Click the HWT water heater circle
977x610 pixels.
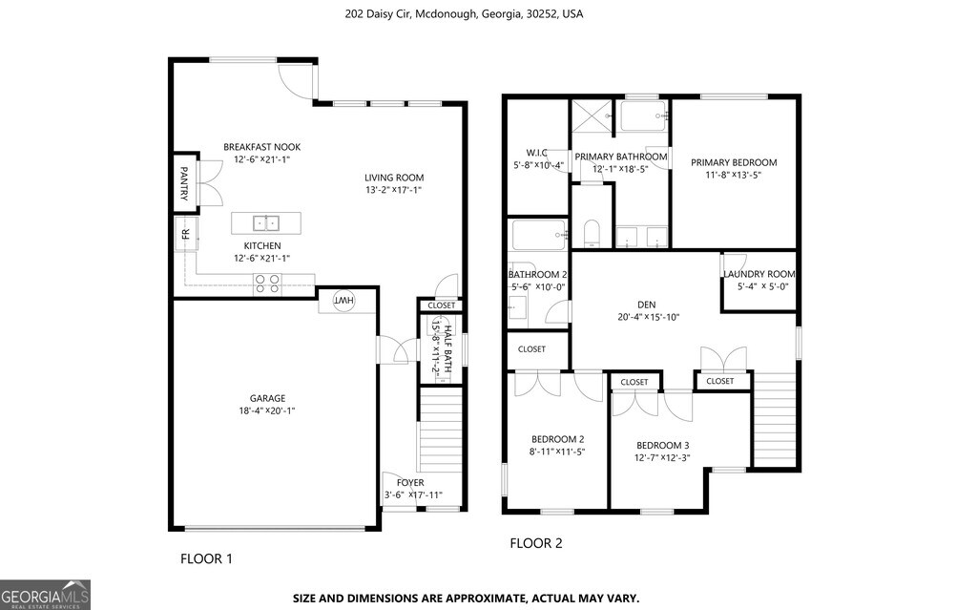[343, 301]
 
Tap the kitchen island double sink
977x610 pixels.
[266, 223]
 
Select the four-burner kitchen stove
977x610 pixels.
[267, 284]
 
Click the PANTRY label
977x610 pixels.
[184, 183]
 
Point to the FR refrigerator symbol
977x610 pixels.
[186, 234]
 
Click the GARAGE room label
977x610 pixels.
[267, 398]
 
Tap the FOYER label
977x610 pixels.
[410, 482]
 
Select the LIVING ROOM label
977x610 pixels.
[394, 178]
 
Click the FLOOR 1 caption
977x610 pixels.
[206, 558]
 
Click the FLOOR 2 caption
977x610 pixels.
[536, 543]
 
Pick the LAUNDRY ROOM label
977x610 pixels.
[759, 274]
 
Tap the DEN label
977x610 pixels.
[647, 305]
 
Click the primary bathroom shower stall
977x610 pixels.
[592, 116]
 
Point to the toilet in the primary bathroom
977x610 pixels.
[592, 233]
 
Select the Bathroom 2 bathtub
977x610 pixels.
[540, 235]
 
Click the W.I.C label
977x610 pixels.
[537, 152]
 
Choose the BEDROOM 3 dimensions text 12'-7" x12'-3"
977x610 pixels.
[662, 458]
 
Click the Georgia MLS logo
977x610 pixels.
[45, 595]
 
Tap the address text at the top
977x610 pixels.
[465, 13]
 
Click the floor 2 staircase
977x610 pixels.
[775, 419]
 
